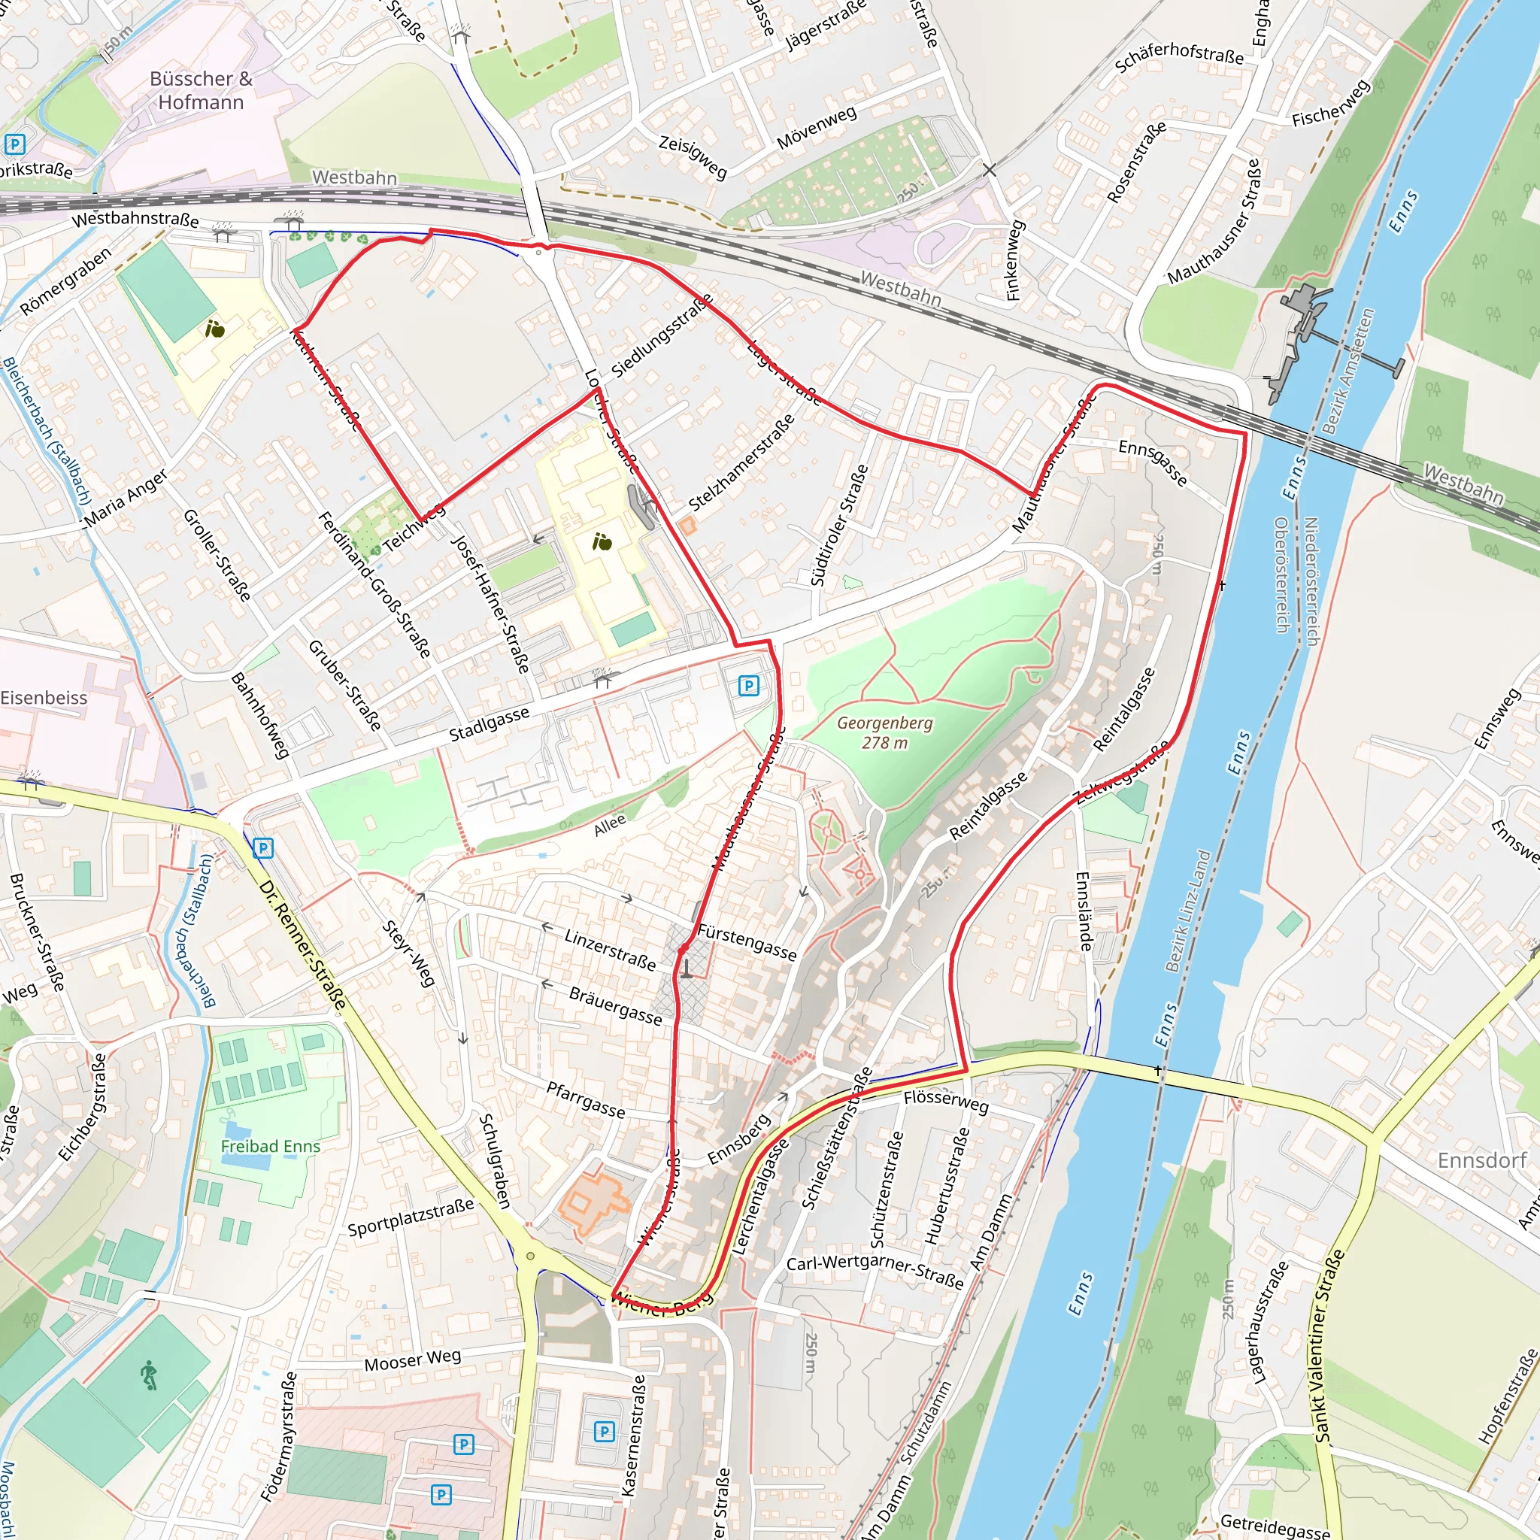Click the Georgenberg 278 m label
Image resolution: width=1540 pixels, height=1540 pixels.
pos(884,732)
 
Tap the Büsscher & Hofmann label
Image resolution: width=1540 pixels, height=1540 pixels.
pos(201,90)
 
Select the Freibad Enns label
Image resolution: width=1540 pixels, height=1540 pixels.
pos(270,1146)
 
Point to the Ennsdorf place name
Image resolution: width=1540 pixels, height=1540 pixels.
pos(1481,1160)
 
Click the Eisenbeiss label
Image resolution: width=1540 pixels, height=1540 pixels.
pos(44,698)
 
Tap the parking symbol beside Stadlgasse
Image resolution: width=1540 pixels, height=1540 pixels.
pos(747,685)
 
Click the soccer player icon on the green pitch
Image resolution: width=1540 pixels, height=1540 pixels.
pos(149,1375)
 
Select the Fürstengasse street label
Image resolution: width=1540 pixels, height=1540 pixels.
pos(746,942)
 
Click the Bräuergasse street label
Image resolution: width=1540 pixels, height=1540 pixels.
pos(615,1005)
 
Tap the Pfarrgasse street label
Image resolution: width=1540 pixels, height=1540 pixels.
pos(586,1100)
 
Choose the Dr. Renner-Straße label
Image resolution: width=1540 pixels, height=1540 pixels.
pos(304,944)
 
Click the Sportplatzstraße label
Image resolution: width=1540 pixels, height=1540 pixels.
pos(411,1217)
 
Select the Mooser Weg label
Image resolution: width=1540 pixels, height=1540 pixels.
pos(412,1359)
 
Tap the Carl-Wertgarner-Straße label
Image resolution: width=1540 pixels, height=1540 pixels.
pos(875,1272)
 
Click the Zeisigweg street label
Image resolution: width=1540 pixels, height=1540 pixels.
pos(692,156)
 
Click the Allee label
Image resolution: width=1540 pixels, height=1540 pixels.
pos(610,825)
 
